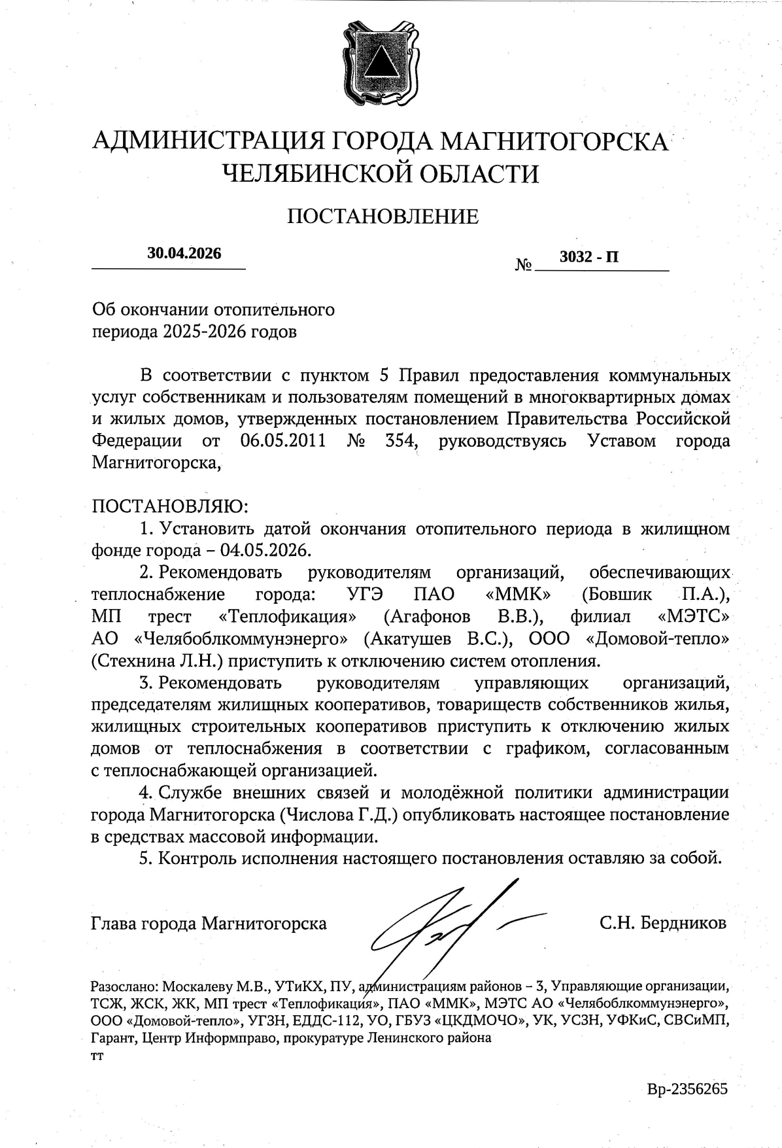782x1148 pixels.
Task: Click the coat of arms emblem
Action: [x=380, y=63]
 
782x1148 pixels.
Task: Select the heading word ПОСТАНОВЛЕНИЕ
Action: [x=382, y=216]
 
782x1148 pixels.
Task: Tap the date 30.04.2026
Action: [x=184, y=254]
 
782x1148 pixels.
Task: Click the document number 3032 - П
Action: [x=589, y=257]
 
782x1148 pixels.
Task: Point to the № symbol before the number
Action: [x=524, y=265]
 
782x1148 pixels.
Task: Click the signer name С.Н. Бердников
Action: [x=663, y=923]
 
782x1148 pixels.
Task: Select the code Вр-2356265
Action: [x=687, y=1090]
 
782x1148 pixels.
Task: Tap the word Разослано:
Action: [x=124, y=986]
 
